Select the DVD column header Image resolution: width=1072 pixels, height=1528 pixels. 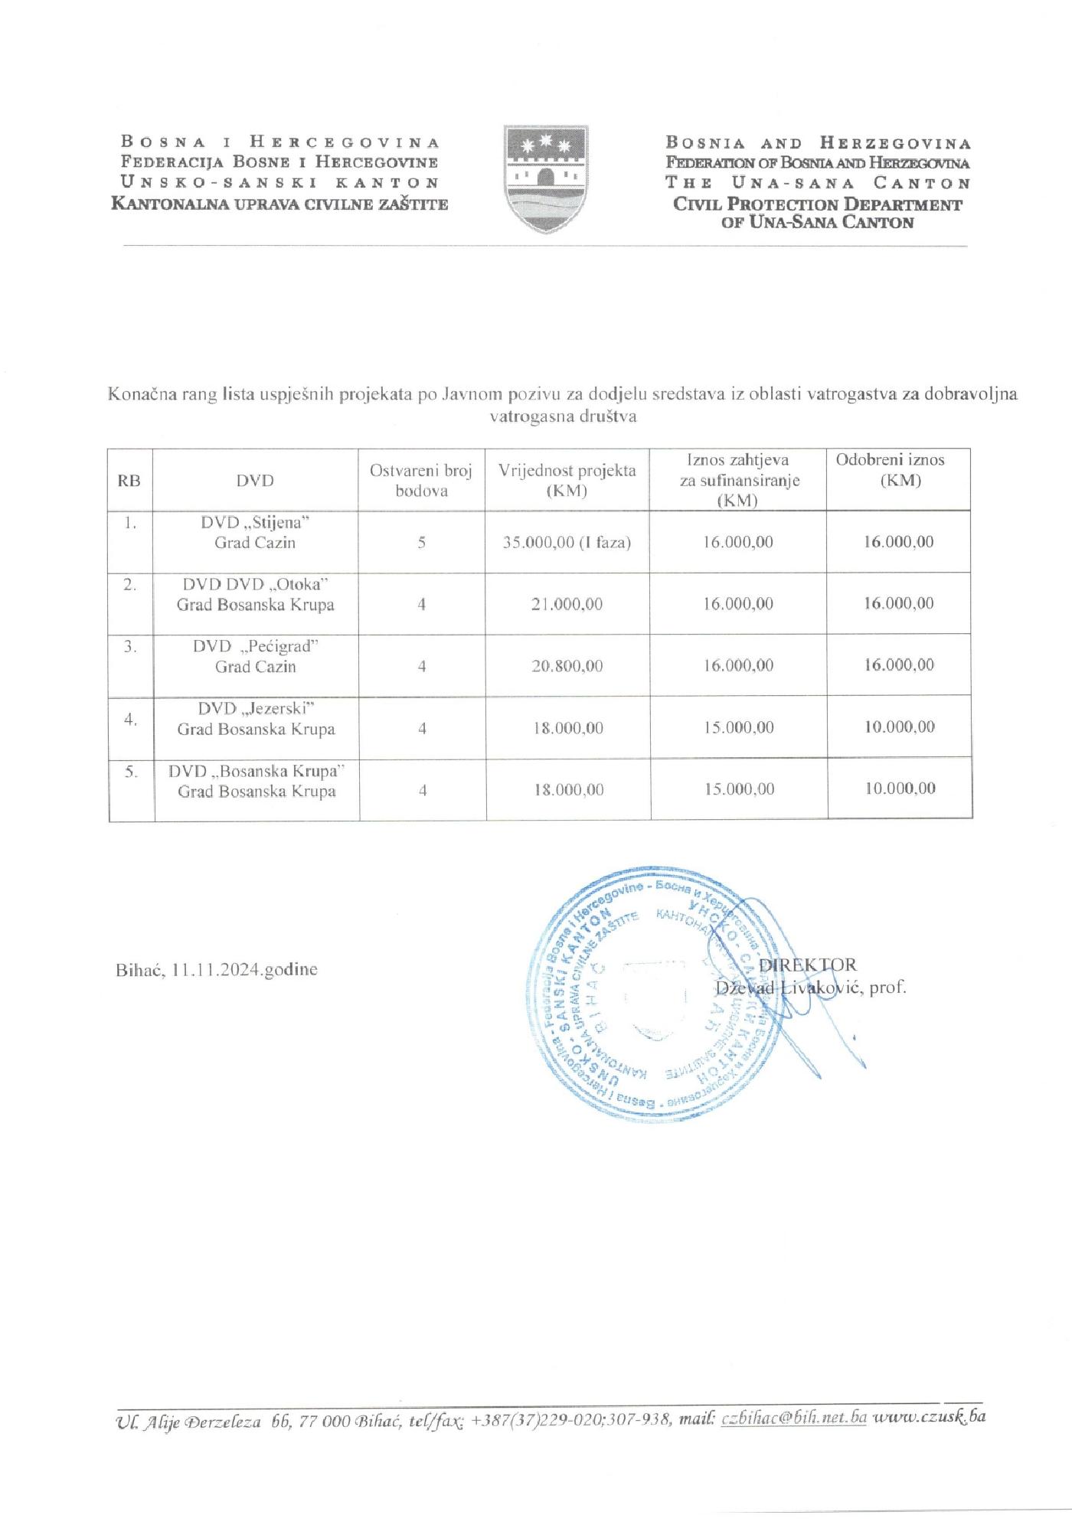coord(255,481)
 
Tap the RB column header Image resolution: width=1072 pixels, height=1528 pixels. coord(129,481)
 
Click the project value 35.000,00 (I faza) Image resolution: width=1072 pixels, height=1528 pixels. coord(567,543)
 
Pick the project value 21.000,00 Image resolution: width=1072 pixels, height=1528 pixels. coord(567,604)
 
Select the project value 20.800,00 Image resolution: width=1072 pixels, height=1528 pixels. coord(567,666)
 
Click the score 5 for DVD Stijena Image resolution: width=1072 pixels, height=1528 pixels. coord(422,543)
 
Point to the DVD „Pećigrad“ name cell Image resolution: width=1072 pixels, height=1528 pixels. coord(255,656)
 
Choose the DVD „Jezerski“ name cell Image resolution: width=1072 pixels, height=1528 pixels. coord(256,718)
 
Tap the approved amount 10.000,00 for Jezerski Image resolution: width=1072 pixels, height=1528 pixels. coord(900,726)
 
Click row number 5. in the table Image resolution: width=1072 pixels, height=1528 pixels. coord(132,772)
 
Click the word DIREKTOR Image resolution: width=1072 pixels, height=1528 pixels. coord(808,965)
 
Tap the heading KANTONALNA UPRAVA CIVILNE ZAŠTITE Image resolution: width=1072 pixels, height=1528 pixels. coord(279,204)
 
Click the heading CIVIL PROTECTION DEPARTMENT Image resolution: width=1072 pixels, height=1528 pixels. coord(817,204)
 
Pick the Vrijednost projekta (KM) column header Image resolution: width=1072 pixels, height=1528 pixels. coord(567,480)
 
